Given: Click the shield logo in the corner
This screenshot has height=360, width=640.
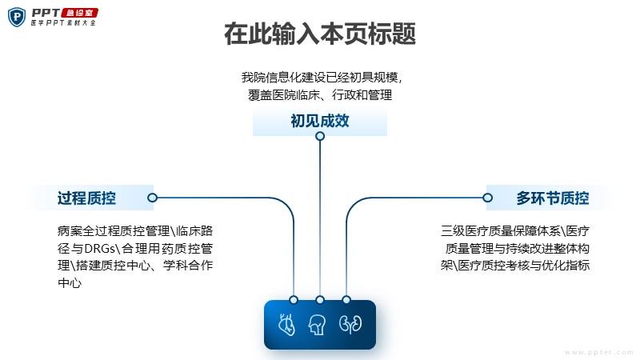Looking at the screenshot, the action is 17,17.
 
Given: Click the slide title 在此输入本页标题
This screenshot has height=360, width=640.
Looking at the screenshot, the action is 320,34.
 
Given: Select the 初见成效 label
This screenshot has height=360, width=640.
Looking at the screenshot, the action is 320,121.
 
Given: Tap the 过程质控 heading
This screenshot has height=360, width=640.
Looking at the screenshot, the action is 86,198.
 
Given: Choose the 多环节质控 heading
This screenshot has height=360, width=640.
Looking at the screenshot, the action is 552,198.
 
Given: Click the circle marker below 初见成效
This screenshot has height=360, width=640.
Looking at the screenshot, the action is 320,136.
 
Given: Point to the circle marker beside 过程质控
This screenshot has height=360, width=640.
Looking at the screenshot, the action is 152,198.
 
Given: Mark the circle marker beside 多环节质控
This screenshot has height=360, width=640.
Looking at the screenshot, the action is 487,198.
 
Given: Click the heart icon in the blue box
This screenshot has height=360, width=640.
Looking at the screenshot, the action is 286,325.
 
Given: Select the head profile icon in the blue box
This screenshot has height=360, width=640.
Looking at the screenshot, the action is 317,325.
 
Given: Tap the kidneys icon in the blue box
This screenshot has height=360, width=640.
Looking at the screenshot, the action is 350,324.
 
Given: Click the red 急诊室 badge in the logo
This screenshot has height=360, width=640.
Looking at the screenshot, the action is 80,13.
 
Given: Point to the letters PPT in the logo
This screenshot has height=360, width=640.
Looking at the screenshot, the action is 46,13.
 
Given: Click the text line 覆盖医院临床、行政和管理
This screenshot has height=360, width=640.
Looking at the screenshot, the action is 320,95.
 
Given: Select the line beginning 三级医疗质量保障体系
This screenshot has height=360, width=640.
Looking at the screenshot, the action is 515,231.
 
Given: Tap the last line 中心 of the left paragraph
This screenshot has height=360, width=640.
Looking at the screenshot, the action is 70,282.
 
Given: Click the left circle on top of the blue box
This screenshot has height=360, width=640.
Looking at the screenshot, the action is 294,300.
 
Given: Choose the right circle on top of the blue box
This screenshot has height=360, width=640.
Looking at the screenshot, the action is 346,300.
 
